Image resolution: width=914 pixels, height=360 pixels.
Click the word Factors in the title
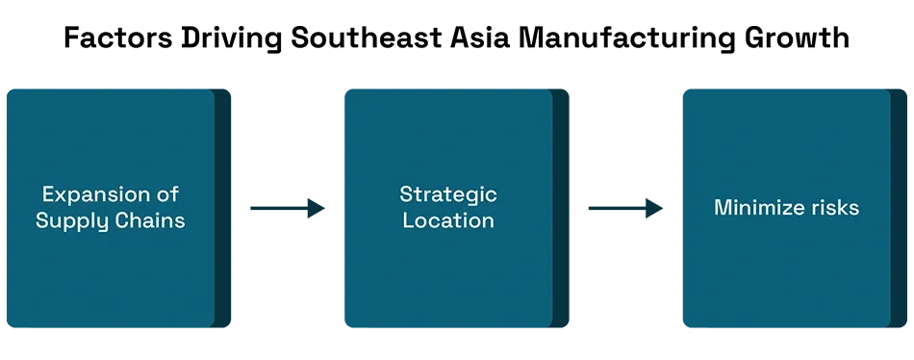117,38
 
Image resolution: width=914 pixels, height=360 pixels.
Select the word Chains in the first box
144,220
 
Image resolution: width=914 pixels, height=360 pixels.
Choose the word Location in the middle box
448,220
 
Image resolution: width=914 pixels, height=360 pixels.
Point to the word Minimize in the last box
756,207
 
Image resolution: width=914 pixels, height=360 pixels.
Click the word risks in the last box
832,207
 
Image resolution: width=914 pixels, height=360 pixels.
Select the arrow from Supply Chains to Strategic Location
288,208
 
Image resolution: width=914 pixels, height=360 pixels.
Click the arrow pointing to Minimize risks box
625,208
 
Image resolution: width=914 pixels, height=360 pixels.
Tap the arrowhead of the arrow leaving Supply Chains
316,208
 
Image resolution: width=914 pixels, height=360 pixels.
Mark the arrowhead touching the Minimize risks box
653,208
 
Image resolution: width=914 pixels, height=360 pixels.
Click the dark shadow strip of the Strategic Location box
561,208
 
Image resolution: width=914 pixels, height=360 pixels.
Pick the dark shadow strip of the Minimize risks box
899,208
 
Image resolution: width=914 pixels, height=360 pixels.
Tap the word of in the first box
165,193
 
